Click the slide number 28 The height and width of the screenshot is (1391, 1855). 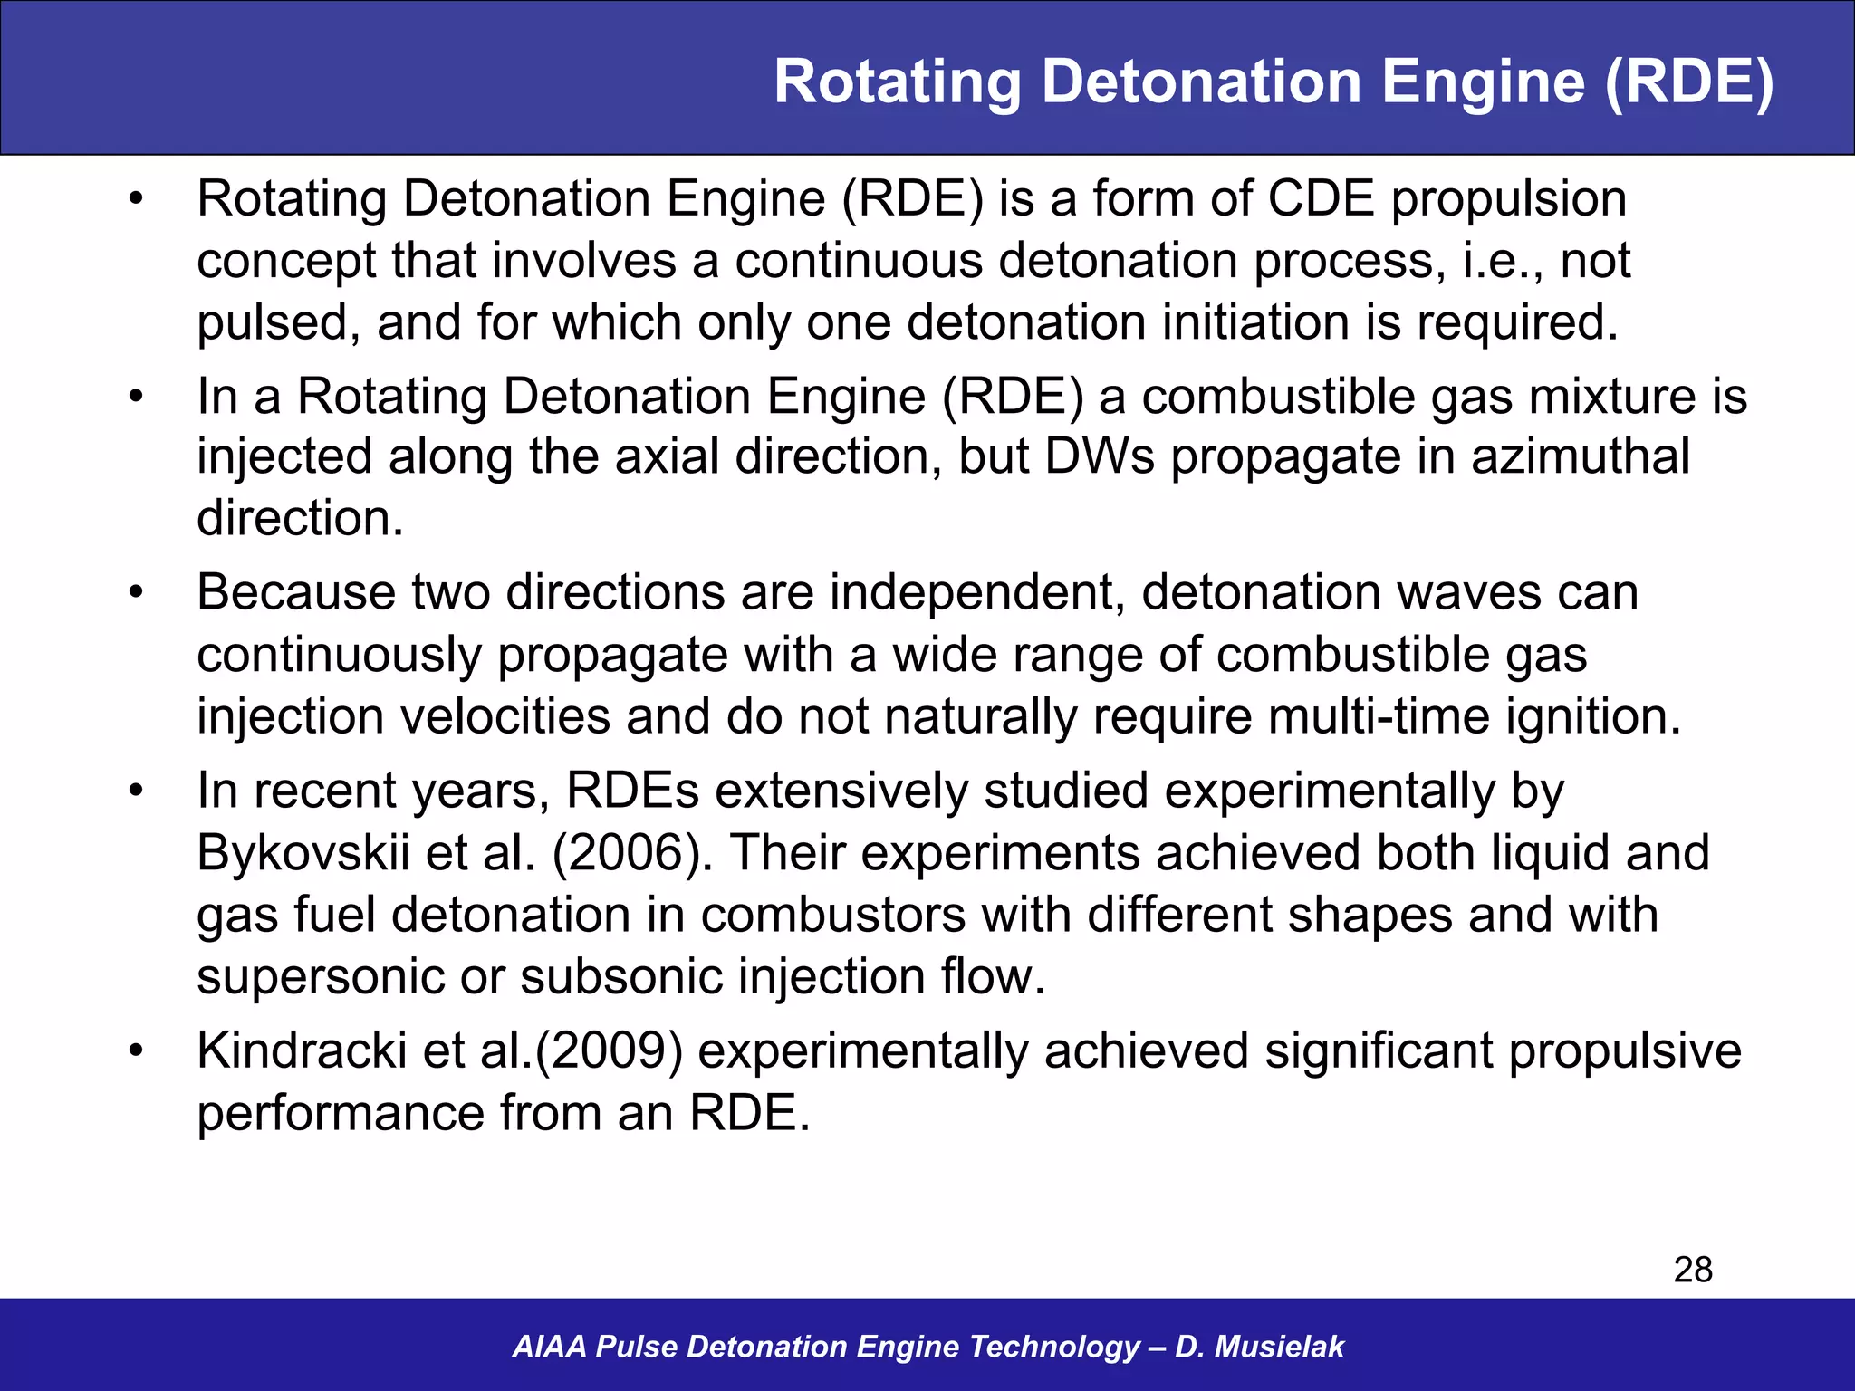tap(1692, 1270)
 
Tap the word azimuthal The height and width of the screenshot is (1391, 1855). tap(1580, 456)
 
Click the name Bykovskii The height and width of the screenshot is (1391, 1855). tap(303, 853)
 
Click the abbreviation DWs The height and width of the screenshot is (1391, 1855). tap(1100, 456)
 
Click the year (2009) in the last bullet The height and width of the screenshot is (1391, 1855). tap(609, 1050)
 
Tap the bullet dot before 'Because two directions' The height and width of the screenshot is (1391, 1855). tap(136, 592)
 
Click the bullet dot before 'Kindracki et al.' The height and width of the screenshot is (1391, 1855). tap(136, 1050)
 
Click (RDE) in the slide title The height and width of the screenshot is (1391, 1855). tap(1688, 82)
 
